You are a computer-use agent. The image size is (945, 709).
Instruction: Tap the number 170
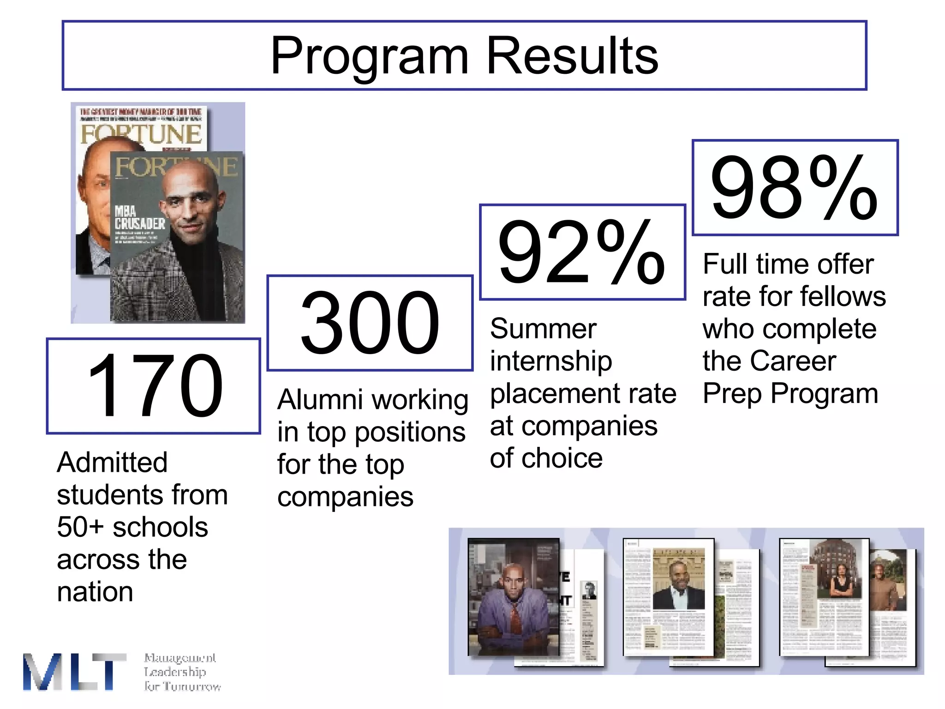[x=155, y=386]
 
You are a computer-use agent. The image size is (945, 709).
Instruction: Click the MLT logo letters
[x=74, y=672]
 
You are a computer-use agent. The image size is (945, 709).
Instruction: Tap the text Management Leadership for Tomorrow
[x=182, y=672]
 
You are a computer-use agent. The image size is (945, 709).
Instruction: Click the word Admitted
[x=112, y=463]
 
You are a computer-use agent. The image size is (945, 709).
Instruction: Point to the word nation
[x=95, y=592]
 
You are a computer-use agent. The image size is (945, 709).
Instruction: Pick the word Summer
[x=543, y=329]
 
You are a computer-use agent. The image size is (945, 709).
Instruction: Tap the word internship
[x=550, y=361]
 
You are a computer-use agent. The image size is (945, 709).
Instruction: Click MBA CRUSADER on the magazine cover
[x=139, y=218]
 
